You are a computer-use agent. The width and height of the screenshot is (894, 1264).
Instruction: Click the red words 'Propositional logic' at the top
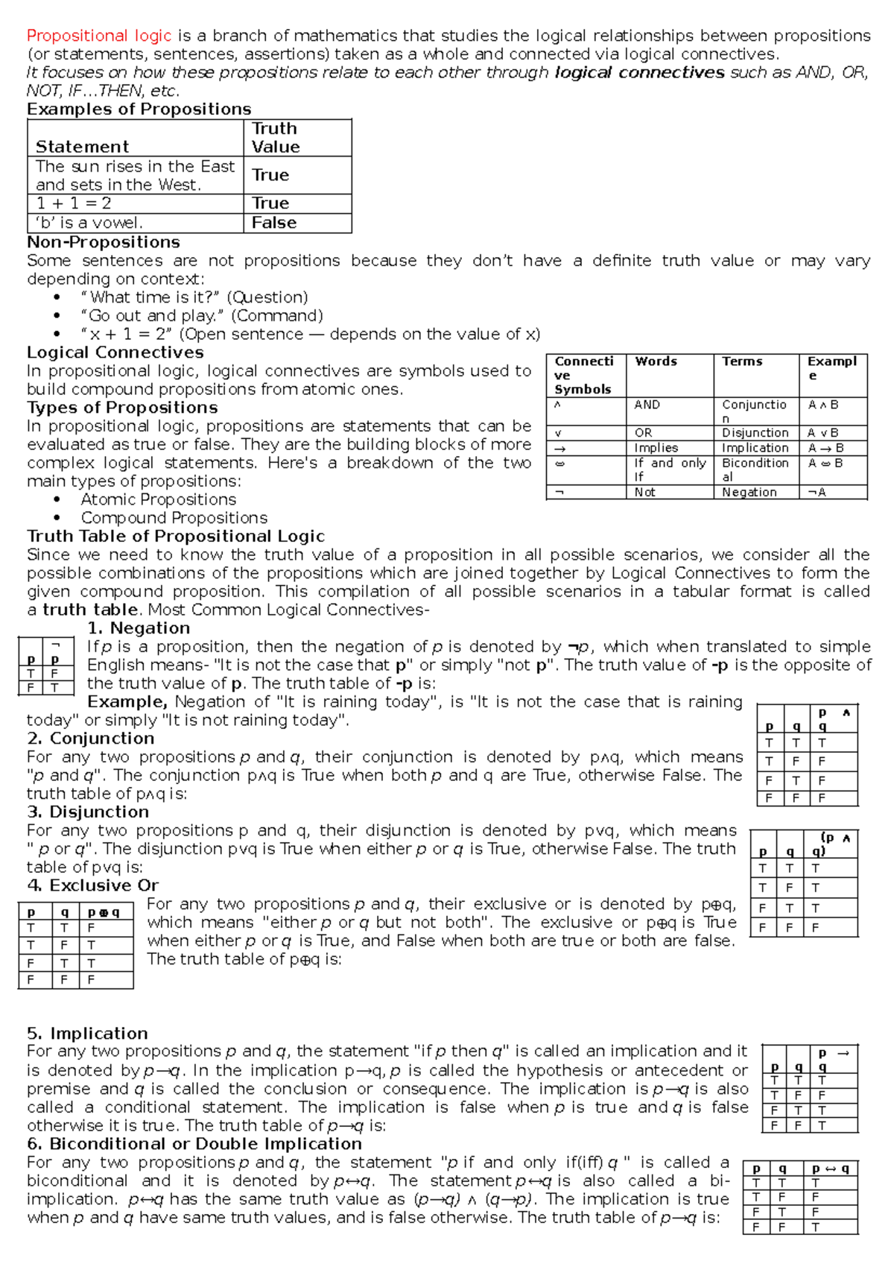pos(99,36)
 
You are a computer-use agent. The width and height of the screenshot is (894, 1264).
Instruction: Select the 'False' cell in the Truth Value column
pos(274,223)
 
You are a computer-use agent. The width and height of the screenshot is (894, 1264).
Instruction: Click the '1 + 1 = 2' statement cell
pos(74,203)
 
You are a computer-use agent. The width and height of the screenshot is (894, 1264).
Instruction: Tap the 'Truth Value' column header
pos(275,138)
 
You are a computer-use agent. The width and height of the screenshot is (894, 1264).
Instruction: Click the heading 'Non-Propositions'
pos(104,242)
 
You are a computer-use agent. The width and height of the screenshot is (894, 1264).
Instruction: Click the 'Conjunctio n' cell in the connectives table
pos(754,411)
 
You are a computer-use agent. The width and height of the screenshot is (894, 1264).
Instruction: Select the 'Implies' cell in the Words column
pos(656,448)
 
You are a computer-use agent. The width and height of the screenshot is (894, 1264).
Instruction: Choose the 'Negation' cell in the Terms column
pos(749,492)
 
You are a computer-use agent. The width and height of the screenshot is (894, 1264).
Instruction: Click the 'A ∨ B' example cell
pos(823,433)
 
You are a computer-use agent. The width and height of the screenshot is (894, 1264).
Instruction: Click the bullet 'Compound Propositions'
pos(174,518)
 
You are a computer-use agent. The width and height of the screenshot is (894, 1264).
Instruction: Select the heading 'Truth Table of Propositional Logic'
pos(176,537)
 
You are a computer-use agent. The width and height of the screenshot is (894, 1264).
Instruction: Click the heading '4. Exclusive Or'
pos(92,885)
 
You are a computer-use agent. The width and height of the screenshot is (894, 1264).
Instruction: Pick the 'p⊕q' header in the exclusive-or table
pos(104,912)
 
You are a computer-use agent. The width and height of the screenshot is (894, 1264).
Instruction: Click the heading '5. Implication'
pos(87,1034)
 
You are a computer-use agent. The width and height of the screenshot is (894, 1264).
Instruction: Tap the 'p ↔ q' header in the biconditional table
pos(831,1169)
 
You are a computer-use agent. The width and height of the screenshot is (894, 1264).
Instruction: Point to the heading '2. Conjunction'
pos(90,739)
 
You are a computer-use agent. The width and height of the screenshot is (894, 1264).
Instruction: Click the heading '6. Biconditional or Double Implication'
pos(194,1144)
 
